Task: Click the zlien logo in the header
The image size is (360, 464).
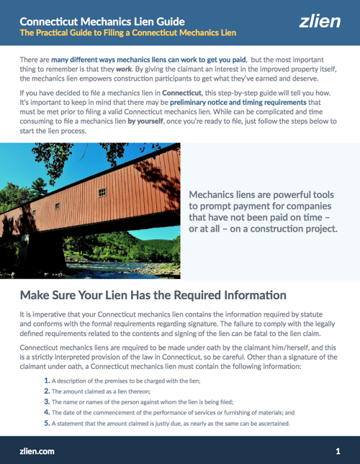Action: click(320, 22)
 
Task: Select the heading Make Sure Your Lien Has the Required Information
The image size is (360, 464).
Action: click(153, 295)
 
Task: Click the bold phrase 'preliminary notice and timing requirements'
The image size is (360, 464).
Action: click(231, 123)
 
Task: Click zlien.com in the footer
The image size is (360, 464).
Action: click(37, 451)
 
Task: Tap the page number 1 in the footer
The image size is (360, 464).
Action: click(338, 451)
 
